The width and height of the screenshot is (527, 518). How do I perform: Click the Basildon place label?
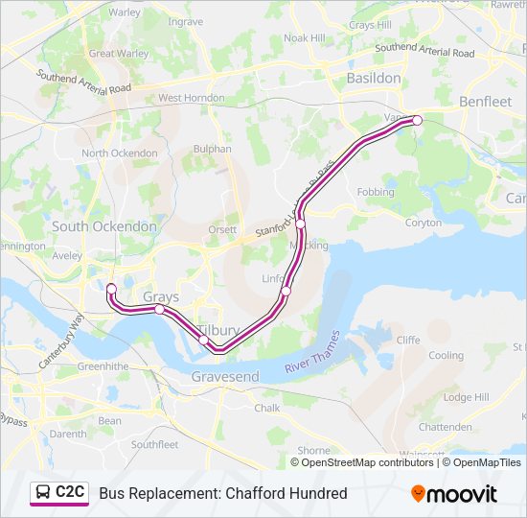coord(374,77)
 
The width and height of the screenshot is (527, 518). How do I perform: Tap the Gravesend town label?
coord(225,377)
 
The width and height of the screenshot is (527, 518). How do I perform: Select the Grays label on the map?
coord(161,297)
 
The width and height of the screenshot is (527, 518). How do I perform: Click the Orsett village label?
coord(222,231)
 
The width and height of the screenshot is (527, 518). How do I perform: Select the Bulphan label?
coord(213,149)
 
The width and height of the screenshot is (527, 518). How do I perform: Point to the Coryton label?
coord(423,222)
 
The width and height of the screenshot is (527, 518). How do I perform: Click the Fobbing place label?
coord(375,192)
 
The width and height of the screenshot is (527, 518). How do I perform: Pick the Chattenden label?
coord(446,427)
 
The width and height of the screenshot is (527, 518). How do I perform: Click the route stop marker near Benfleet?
coord(417,120)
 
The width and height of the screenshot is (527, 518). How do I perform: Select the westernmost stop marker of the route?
coord(111,289)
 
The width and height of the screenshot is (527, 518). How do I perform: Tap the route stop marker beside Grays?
coord(159,310)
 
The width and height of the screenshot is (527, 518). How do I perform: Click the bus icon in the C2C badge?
coord(44,493)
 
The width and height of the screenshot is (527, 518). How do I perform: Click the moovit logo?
coord(454,494)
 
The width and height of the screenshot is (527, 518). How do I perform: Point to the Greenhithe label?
coord(103,365)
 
